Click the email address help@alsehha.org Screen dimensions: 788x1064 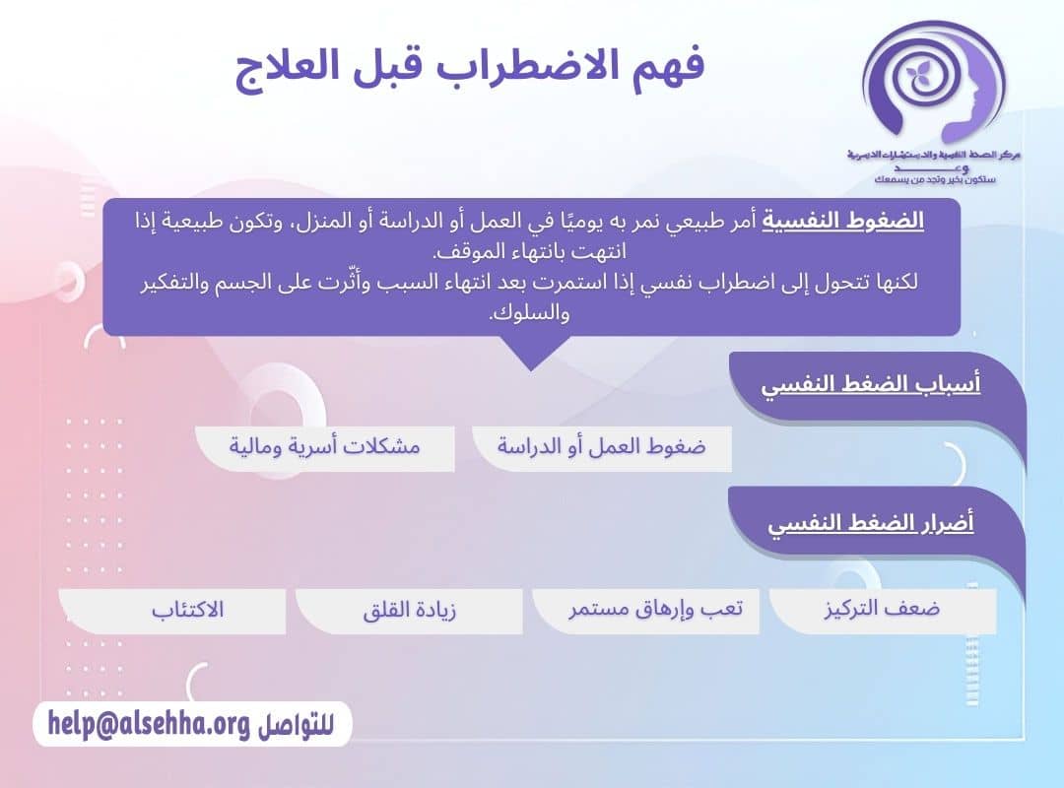tap(149, 725)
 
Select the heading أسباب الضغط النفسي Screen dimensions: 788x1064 tap(871, 384)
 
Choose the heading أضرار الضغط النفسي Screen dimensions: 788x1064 tap(871, 522)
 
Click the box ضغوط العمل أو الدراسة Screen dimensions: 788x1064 tap(601, 447)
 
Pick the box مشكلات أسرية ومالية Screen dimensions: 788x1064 tap(325, 447)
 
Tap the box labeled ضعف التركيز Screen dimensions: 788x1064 tap(882, 610)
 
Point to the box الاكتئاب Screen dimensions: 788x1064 tap(187, 610)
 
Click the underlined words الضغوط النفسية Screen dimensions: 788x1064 tap(843, 221)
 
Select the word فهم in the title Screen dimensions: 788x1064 tap(671, 67)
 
